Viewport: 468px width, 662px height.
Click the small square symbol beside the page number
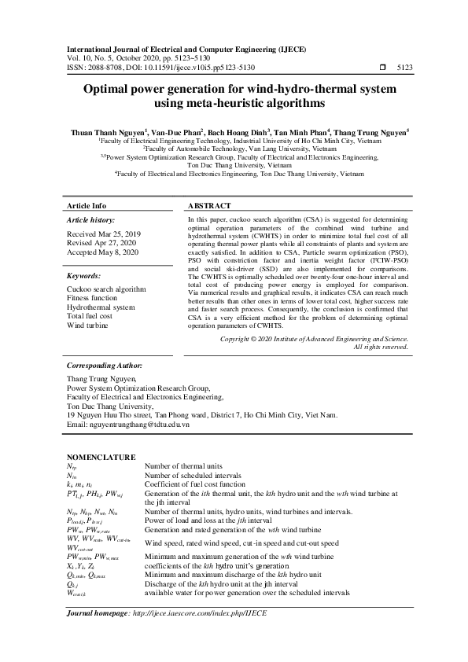click(382, 68)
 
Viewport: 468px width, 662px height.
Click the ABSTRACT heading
click(208, 205)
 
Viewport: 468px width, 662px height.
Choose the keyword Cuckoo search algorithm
click(106, 289)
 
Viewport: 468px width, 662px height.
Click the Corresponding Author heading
click(105, 366)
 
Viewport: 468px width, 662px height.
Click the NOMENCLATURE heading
click(101, 457)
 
